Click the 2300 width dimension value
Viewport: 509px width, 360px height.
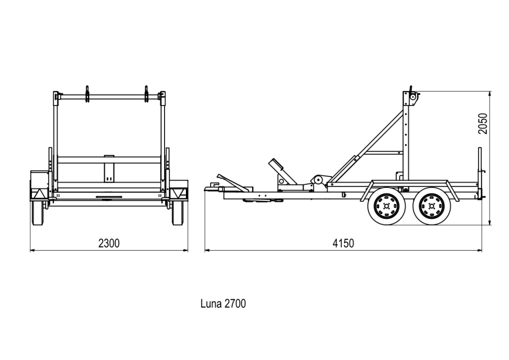[x=109, y=243]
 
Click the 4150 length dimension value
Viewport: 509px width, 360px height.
[x=343, y=243]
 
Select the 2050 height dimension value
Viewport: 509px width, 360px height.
[x=483, y=123]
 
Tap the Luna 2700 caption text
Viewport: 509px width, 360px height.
[x=223, y=303]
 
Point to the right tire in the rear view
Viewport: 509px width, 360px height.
[x=177, y=214]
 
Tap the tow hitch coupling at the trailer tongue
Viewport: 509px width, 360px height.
[x=211, y=188]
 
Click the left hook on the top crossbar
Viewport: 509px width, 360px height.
[x=87, y=94]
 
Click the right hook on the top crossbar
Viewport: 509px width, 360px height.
[x=147, y=94]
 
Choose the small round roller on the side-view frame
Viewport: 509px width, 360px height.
[x=317, y=180]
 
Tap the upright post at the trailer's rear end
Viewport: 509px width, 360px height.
[x=480, y=172]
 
